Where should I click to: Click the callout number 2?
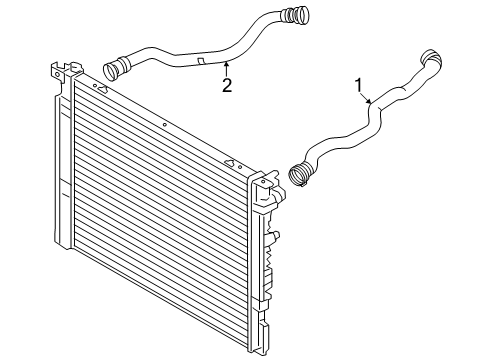(227, 85)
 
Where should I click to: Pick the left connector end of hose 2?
(113, 70)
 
